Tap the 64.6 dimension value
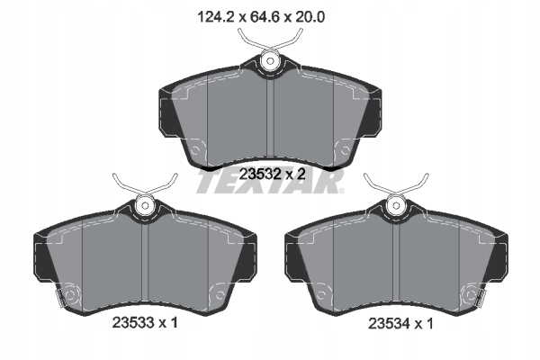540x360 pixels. coord(265,17)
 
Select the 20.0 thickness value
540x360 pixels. coord(309,17)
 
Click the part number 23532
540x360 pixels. coord(259,175)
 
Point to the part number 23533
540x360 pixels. coord(133,323)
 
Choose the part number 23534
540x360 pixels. coord(389,324)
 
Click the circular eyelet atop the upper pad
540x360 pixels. coord(270,61)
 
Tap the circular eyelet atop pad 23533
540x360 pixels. coord(145,206)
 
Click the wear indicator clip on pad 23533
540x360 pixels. coord(60,298)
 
